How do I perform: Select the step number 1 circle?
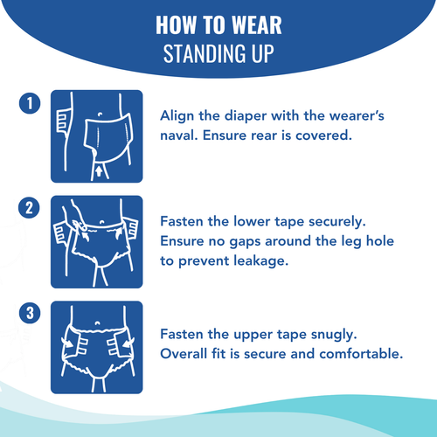[x=30, y=103]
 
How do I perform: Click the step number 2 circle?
[x=29, y=208]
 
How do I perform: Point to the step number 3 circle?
[x=30, y=313]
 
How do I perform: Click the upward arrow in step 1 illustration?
[x=99, y=171]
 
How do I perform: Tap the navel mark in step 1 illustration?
[x=101, y=114]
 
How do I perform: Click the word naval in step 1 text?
[x=178, y=135]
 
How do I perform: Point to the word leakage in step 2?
[x=260, y=261]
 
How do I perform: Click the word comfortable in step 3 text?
[x=361, y=354]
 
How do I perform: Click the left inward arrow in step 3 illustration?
[x=68, y=343]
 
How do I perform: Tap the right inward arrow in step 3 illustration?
[x=128, y=343]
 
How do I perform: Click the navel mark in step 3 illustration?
[x=97, y=323]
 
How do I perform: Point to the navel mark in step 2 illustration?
[x=102, y=222]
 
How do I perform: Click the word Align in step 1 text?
[x=177, y=116]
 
